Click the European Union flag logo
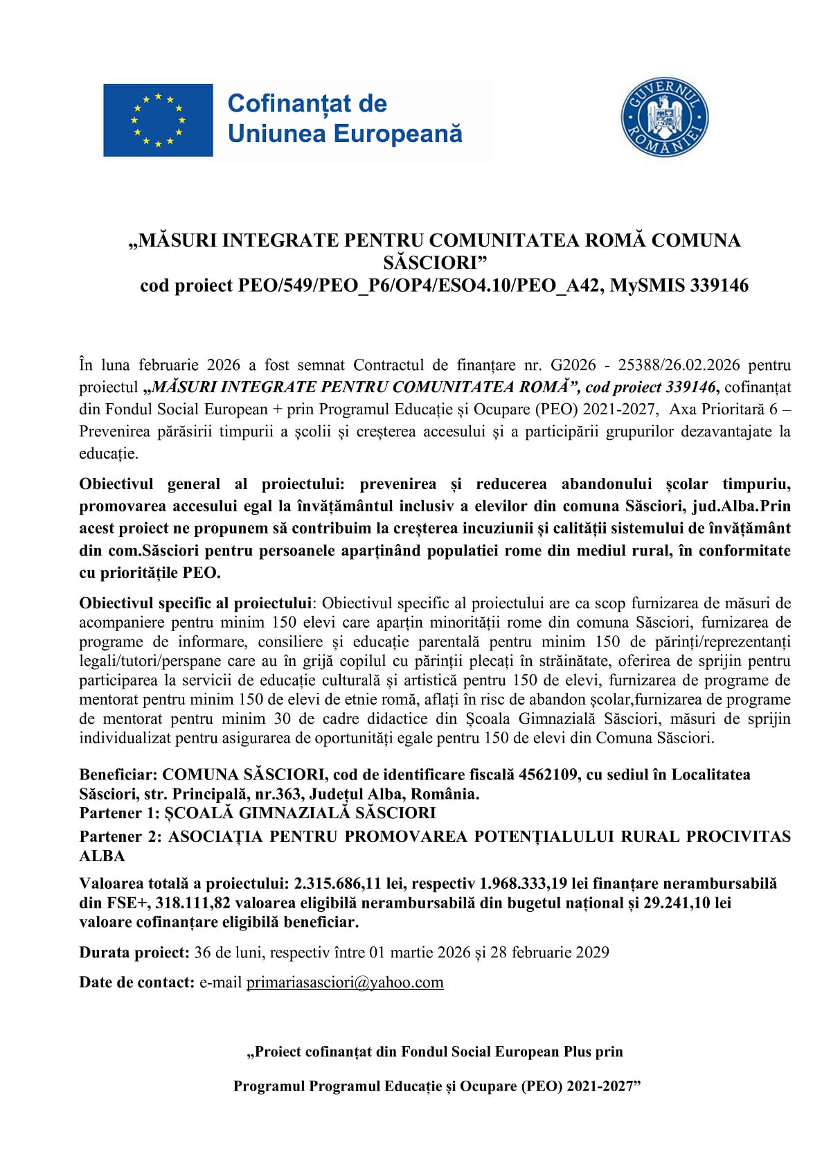tap(158, 120)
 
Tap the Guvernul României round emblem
tap(664, 116)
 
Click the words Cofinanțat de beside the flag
tap(307, 104)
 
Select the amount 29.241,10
tap(677, 903)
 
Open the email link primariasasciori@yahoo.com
tap(345, 983)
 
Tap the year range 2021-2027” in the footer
tap(604, 1086)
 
